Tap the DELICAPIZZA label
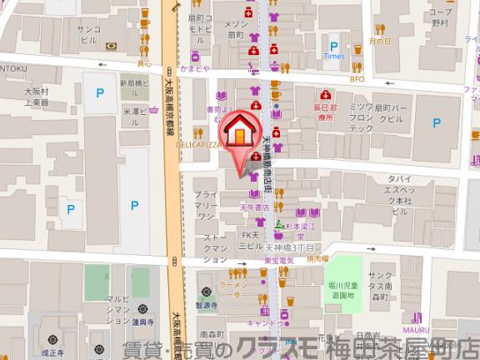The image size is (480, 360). (197, 144)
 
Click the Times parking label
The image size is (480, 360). (334, 57)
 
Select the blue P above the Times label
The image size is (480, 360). (334, 47)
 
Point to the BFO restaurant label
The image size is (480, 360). (357, 79)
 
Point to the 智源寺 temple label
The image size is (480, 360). (207, 306)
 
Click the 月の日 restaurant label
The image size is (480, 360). (380, 42)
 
